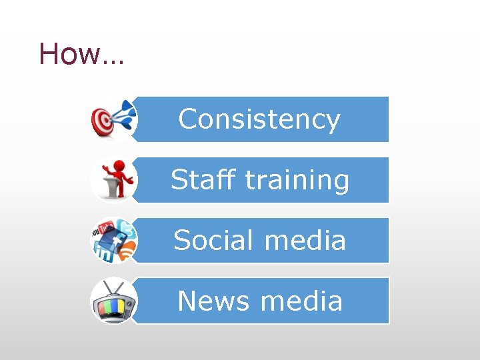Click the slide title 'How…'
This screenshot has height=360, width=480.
coord(81,53)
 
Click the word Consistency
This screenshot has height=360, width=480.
coord(259,119)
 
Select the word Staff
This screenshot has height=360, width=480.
coord(204,179)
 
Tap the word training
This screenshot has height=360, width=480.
coord(297,181)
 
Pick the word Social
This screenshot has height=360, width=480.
coord(213,240)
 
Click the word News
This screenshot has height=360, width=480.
coord(214,301)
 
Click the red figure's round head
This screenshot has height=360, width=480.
coord(117,165)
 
